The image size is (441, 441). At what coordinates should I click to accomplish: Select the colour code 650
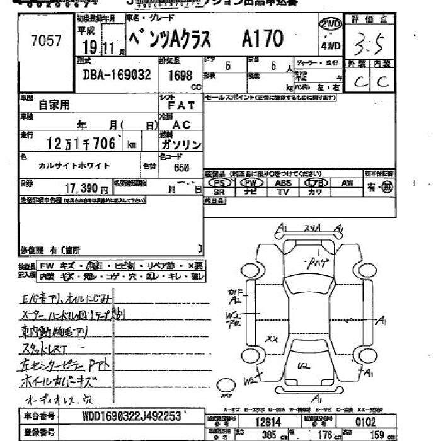click(x=181, y=168)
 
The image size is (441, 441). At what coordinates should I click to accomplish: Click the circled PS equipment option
click(x=219, y=183)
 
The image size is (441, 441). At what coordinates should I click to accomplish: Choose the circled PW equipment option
click(x=251, y=183)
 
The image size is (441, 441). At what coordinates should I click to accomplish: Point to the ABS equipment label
click(x=283, y=183)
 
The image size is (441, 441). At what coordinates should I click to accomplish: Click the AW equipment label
click(x=347, y=183)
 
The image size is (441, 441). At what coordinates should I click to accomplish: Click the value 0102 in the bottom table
click(x=365, y=420)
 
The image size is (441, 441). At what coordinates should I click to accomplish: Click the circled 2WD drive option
click(x=330, y=25)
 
